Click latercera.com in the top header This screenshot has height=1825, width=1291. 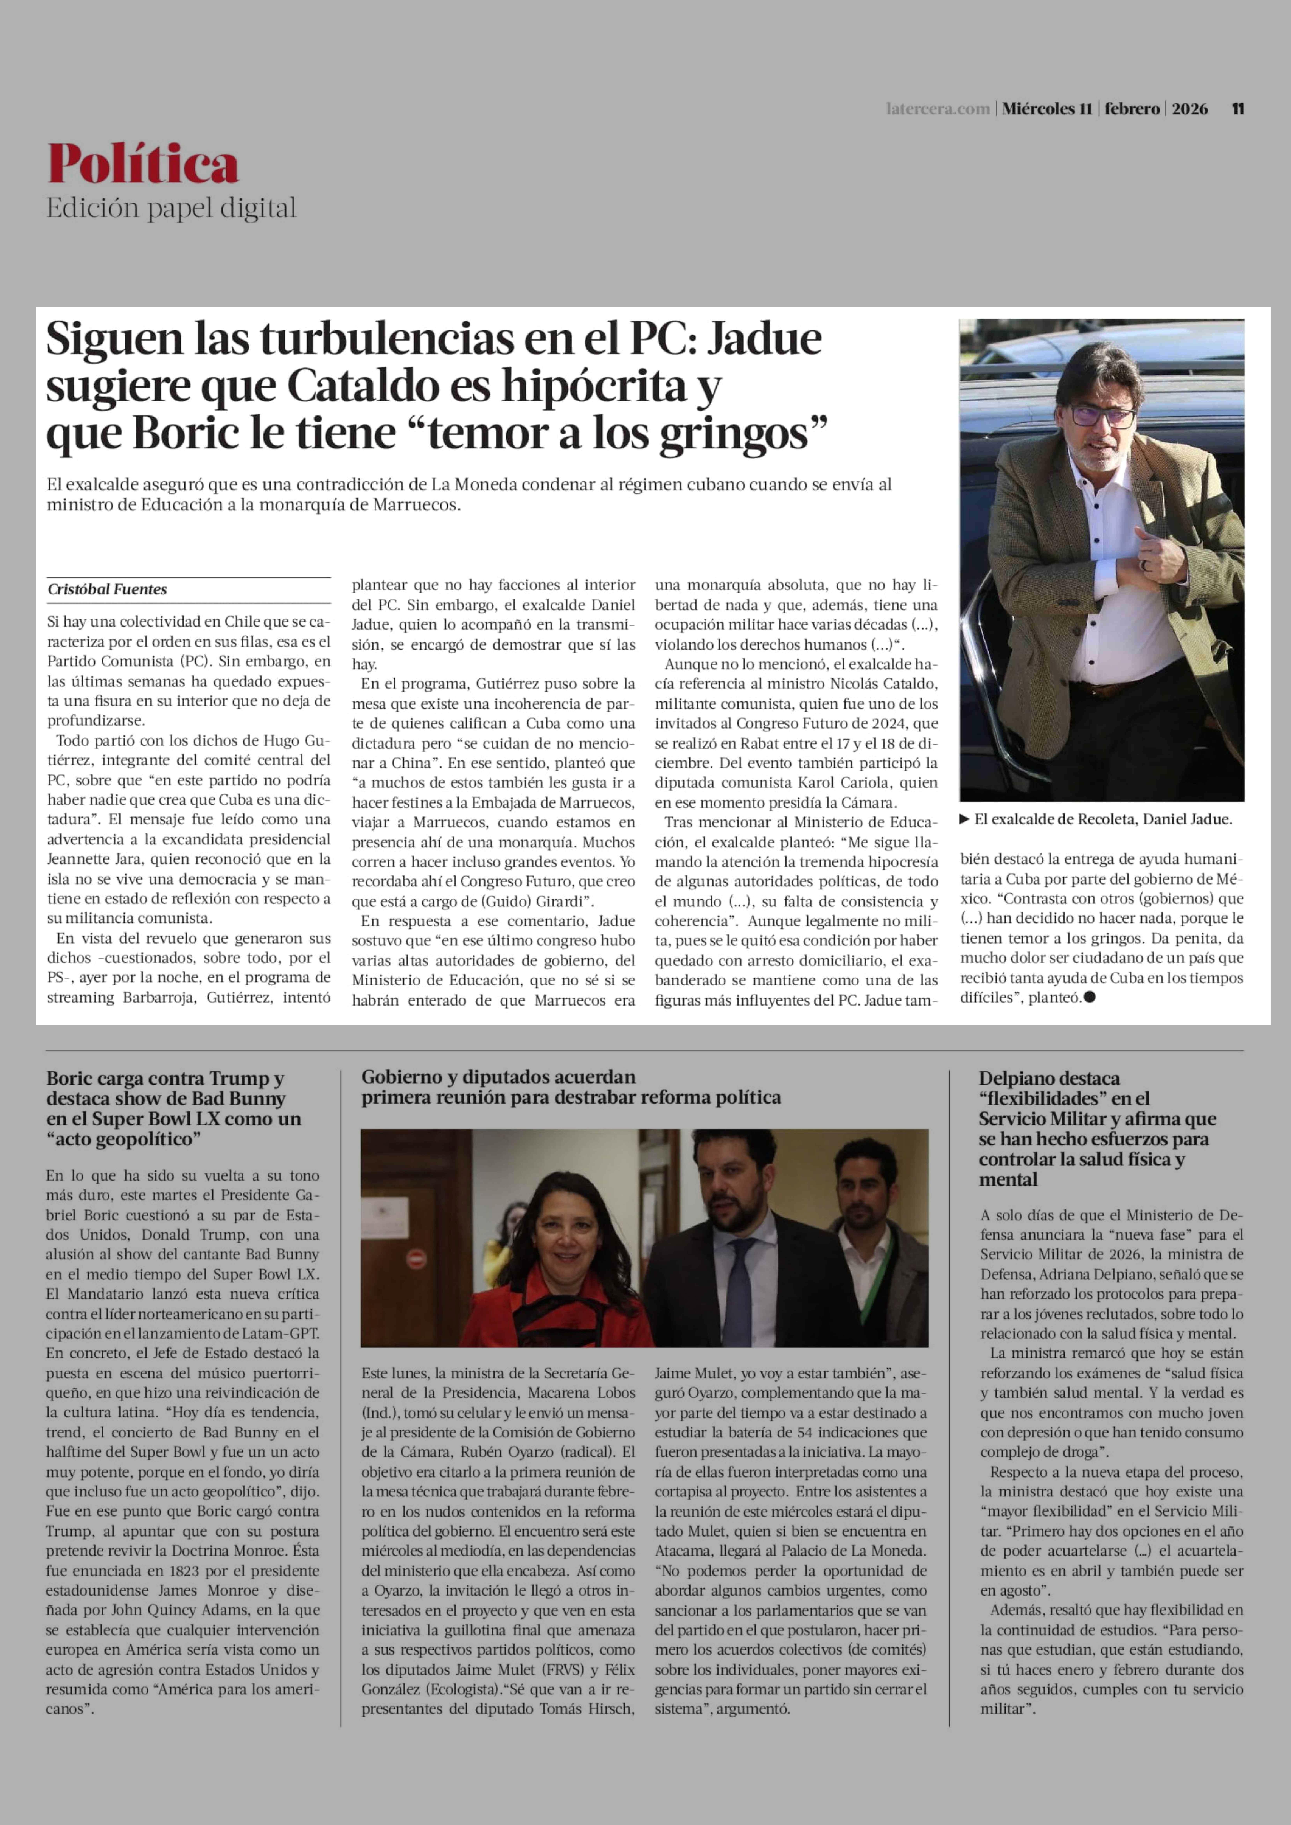(x=938, y=109)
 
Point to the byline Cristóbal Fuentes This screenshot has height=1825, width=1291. (x=107, y=589)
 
